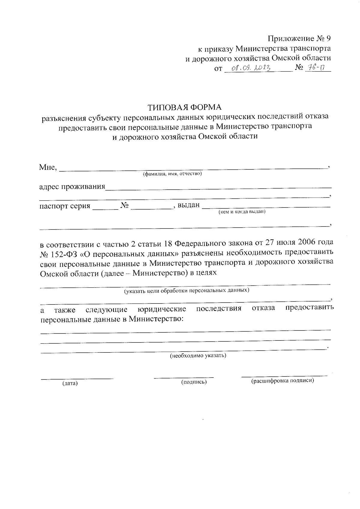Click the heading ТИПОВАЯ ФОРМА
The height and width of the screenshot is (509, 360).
click(x=184, y=107)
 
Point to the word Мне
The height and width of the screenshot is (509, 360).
click(x=47, y=167)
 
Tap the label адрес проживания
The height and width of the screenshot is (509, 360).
click(x=72, y=187)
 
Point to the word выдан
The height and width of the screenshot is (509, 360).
click(x=188, y=205)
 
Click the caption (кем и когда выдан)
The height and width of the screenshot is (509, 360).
click(x=242, y=212)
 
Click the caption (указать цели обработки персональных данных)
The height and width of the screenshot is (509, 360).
click(x=187, y=290)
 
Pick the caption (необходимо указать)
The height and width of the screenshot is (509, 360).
click(x=198, y=356)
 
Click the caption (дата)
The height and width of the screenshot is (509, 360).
click(x=70, y=383)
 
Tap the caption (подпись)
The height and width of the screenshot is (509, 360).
click(x=194, y=382)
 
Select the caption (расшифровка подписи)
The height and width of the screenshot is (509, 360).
click(x=282, y=381)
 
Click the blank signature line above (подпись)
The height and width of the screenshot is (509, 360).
click(x=184, y=377)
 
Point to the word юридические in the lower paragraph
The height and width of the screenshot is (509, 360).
click(x=162, y=309)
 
